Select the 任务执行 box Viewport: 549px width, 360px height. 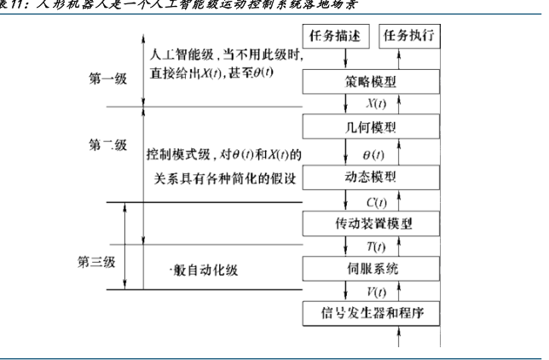tap(410, 38)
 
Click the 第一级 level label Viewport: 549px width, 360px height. tap(108, 79)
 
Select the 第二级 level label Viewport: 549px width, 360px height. tap(108, 145)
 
